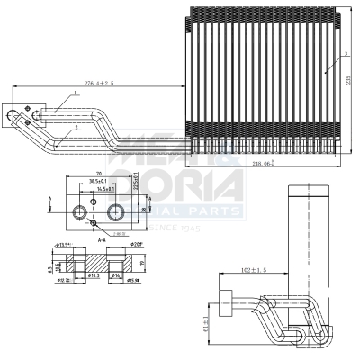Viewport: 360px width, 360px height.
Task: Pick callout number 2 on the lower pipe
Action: [x=78, y=128]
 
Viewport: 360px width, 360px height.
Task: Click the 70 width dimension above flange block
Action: [x=97, y=173]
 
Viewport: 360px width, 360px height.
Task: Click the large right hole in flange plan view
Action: [x=115, y=211]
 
